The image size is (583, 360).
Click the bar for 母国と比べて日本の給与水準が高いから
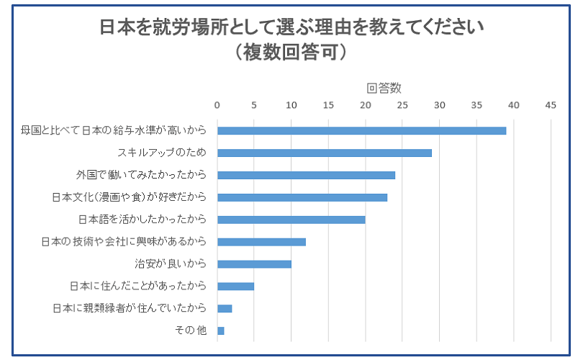tap(361, 130)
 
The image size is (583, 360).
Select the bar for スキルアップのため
tap(324, 153)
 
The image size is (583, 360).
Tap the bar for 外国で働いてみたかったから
tap(306, 175)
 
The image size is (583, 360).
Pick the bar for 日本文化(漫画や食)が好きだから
tap(302, 197)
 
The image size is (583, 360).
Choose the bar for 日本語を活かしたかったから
tap(291, 220)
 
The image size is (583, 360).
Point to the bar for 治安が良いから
tap(254, 264)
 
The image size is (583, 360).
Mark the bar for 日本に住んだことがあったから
tap(235, 287)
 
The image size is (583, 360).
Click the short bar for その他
tap(220, 330)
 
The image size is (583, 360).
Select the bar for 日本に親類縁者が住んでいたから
tap(225, 308)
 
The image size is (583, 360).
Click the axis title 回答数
tap(384, 88)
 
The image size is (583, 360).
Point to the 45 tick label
tap(551, 105)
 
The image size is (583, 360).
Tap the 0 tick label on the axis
tap(217, 105)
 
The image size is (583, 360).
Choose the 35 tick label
tap(476, 105)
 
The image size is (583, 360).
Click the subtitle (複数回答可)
tap(291, 53)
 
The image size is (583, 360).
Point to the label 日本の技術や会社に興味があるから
tap(125, 242)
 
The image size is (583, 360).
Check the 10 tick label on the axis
tap(291, 105)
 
